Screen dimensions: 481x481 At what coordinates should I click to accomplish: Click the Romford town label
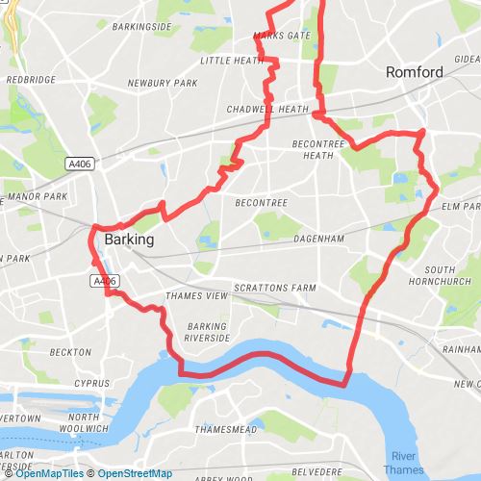pos(414,72)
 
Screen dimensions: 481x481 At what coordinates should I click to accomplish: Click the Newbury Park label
pos(162,84)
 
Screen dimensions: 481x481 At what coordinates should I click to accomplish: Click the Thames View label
pos(197,296)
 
